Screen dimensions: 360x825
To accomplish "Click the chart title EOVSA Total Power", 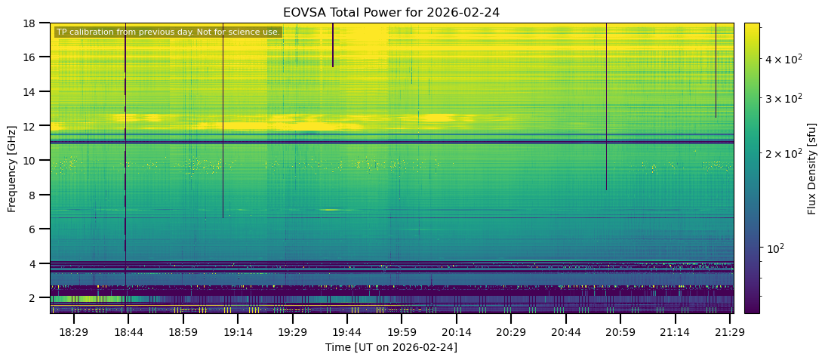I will pos(391,12).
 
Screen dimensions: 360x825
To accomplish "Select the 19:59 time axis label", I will pos(402,332).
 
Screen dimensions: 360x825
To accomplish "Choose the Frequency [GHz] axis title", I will pos(12,168).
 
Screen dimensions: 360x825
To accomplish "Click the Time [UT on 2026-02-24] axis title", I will pos(391,347).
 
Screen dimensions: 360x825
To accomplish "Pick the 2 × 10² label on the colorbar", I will pos(780,153).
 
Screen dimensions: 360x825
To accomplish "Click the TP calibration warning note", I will pos(168,32).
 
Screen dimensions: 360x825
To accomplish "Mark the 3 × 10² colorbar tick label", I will pos(780,97).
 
